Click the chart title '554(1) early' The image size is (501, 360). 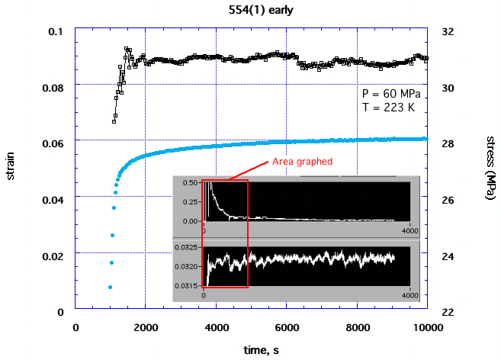(x=251, y=11)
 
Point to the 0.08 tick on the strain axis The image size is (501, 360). (x=54, y=88)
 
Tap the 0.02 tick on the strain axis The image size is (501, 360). (x=54, y=256)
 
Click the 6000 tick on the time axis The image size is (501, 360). (x=287, y=327)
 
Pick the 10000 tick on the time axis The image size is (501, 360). (x=426, y=327)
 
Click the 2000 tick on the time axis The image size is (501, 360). (x=145, y=327)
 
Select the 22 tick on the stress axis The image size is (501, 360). (x=448, y=312)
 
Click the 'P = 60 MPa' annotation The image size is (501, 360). (x=391, y=93)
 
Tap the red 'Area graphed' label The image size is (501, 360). (x=303, y=162)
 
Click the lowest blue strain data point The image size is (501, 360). (x=110, y=287)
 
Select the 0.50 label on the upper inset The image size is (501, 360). (x=190, y=182)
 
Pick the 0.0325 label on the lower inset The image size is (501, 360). (x=185, y=248)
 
